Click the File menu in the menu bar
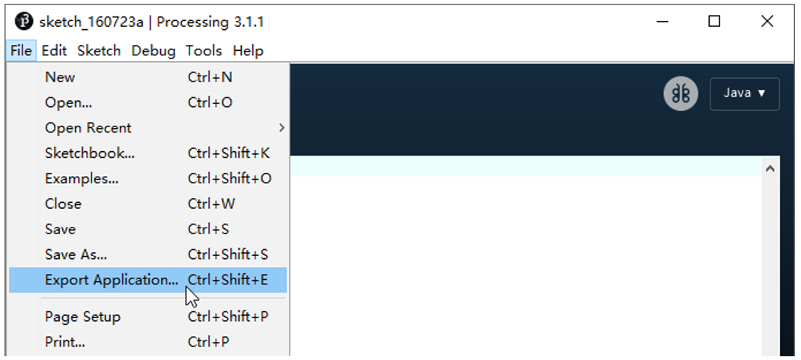pos(21,51)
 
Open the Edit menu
pos(54,51)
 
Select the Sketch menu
pos(99,51)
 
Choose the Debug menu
pos(153,51)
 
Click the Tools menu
pos(204,51)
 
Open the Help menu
pos(249,51)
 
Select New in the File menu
pos(60,77)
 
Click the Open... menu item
pos(68,103)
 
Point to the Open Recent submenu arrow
pos(281,128)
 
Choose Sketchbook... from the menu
pos(90,153)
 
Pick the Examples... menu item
pos(82,179)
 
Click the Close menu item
pos(63,204)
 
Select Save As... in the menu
pos(76,254)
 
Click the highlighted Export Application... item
pos(148,280)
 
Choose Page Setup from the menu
pos(83,317)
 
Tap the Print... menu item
pos(65,341)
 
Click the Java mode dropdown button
pos(744,94)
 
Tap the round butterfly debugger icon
pos(680,94)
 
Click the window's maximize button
pos(714,22)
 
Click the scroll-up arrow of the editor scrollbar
pos(770,168)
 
